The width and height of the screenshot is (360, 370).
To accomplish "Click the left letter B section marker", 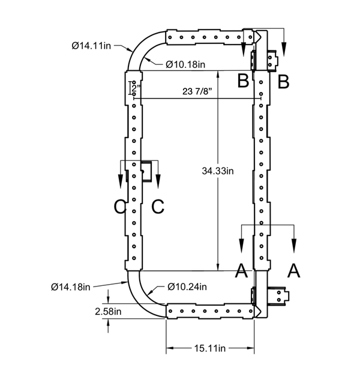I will [243, 80].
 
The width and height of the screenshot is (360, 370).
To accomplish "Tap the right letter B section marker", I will [284, 80].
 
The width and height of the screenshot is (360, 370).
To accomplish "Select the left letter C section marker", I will [120, 207].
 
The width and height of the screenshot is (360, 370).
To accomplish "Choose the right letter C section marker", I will [157, 207].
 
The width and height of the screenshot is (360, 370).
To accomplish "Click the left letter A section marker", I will [241, 271].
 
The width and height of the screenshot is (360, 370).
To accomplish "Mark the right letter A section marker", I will [293, 271].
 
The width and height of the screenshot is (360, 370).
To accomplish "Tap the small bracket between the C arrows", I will [146, 172].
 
